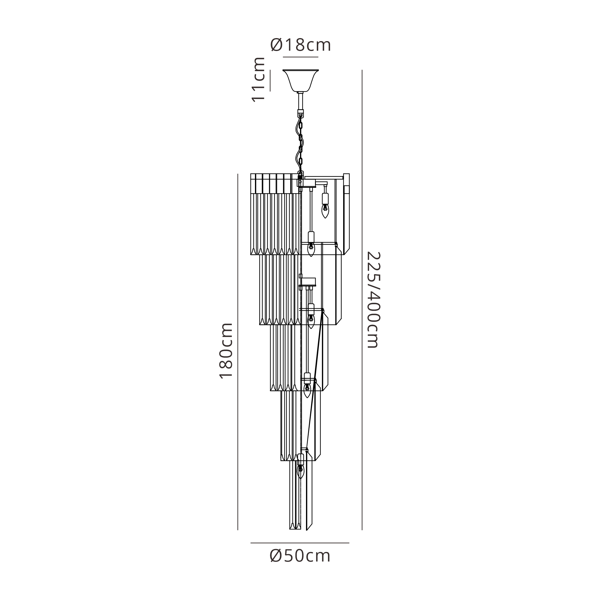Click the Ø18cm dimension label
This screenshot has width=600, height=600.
(x=300, y=45)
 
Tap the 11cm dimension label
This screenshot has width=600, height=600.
(x=258, y=80)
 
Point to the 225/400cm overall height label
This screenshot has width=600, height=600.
(x=373, y=300)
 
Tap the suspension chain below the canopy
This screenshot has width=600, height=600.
(x=300, y=143)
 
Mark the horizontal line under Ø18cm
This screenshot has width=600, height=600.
(x=301, y=57)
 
